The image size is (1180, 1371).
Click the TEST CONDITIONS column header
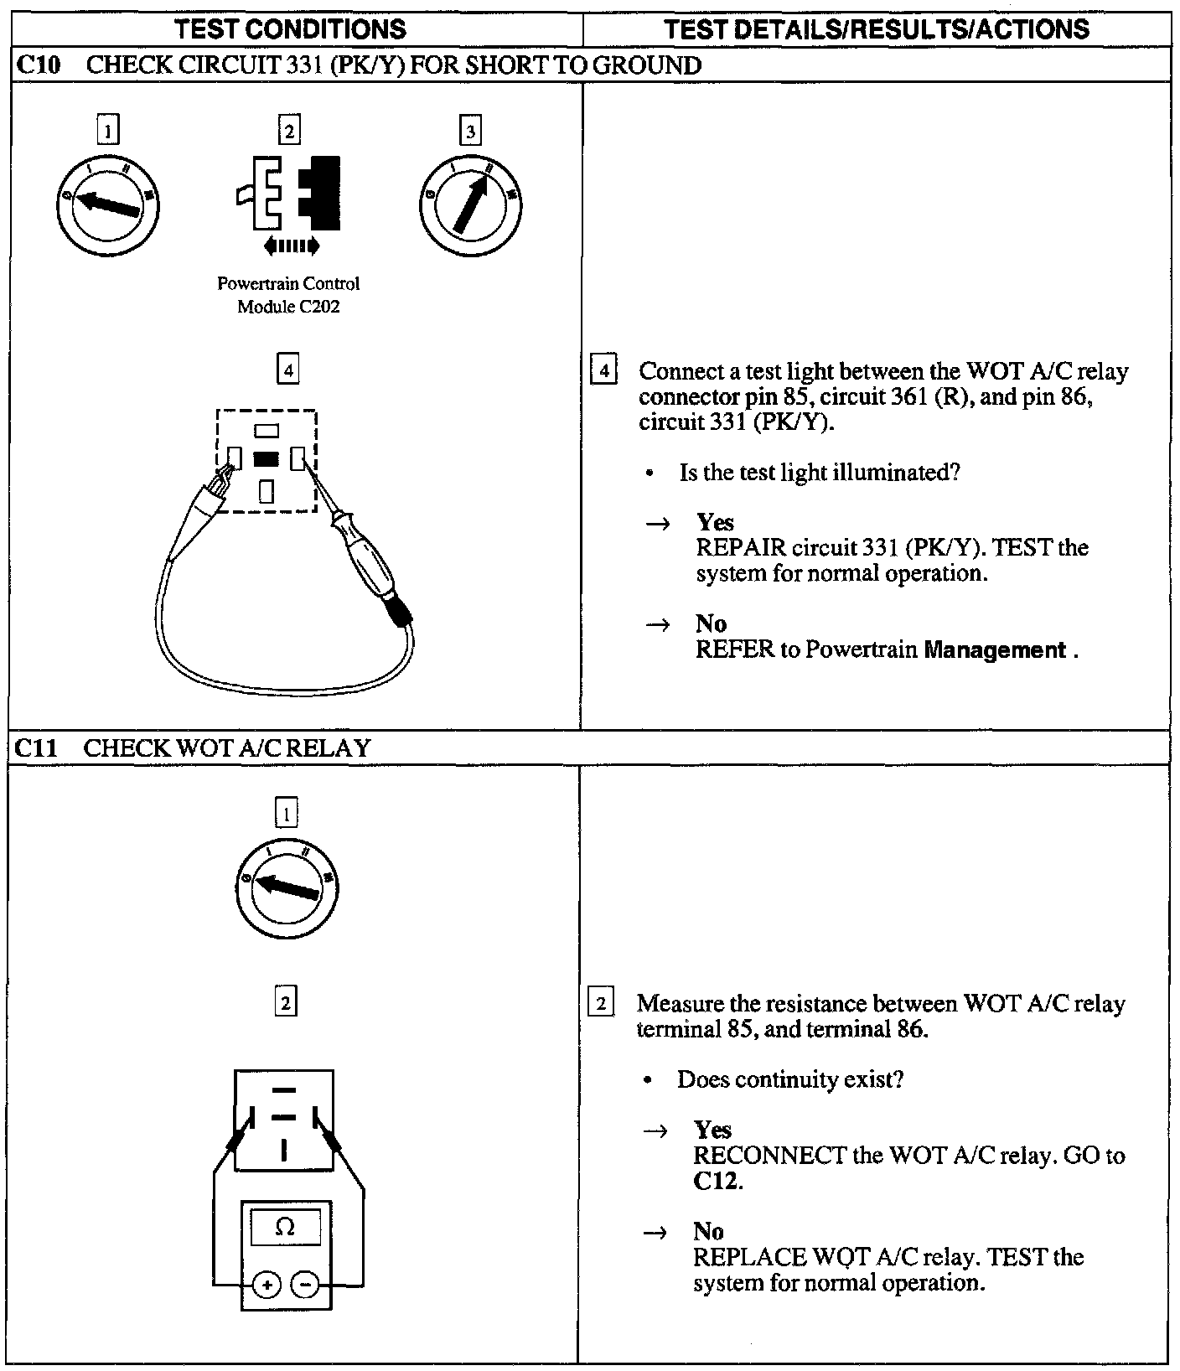pos(291,29)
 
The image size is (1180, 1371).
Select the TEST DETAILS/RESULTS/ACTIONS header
pos(876,29)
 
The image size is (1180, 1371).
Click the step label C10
pos(37,65)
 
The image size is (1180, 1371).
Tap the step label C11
pos(37,747)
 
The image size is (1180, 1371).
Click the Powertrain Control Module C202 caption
pos(288,295)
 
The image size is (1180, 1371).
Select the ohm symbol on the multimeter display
pos(285,1228)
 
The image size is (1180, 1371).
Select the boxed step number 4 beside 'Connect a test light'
pos(604,370)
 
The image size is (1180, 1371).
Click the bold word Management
pos(994,649)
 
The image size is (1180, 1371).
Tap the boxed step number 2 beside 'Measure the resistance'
pos(602,1002)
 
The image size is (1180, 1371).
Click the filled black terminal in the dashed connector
pos(266,459)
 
